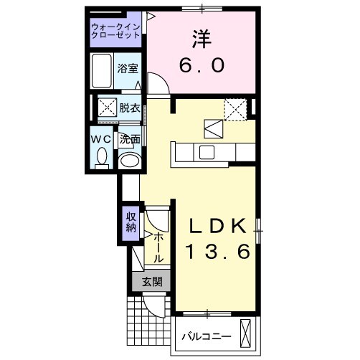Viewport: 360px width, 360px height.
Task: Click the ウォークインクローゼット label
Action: (116, 33)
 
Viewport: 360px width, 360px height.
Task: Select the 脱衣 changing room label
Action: (129, 108)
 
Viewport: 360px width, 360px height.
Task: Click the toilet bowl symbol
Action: (102, 156)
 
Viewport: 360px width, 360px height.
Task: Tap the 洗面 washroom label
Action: (129, 139)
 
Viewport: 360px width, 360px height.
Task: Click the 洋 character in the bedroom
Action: (202, 37)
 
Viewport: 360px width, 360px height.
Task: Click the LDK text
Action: (219, 226)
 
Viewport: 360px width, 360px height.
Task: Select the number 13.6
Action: (219, 252)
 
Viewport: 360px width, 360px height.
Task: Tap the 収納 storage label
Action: (131, 222)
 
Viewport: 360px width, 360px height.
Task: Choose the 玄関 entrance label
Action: (152, 282)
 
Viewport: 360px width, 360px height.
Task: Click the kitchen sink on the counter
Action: (207, 152)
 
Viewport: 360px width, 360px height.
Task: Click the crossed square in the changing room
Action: (108, 108)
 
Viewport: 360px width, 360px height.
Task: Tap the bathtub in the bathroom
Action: (103, 70)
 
